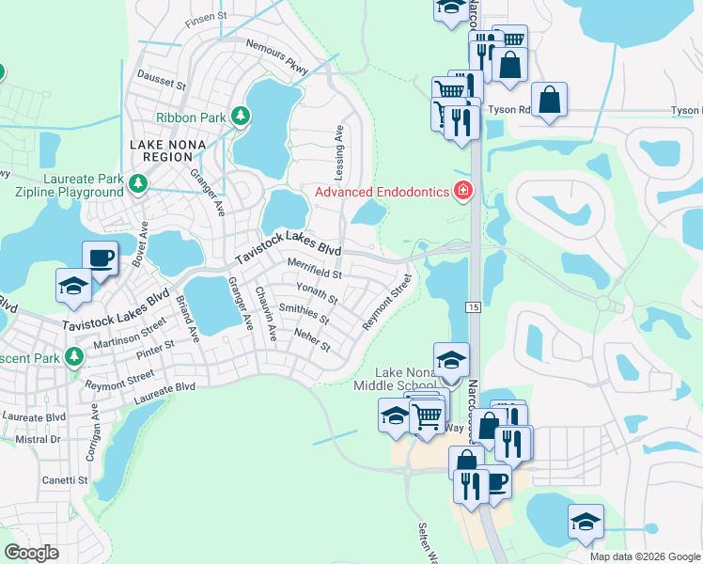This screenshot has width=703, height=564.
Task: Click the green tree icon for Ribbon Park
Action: tap(242, 117)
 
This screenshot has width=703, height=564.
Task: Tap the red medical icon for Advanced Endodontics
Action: tap(461, 192)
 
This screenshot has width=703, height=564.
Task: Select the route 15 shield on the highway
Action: tap(473, 308)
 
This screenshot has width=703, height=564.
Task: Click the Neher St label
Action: tap(312, 339)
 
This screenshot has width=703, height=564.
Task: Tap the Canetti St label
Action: tap(65, 480)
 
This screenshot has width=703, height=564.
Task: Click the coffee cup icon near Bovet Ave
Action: tap(100, 257)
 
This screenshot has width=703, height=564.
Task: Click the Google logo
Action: tap(32, 552)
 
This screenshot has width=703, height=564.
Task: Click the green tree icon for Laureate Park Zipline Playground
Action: tap(139, 182)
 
